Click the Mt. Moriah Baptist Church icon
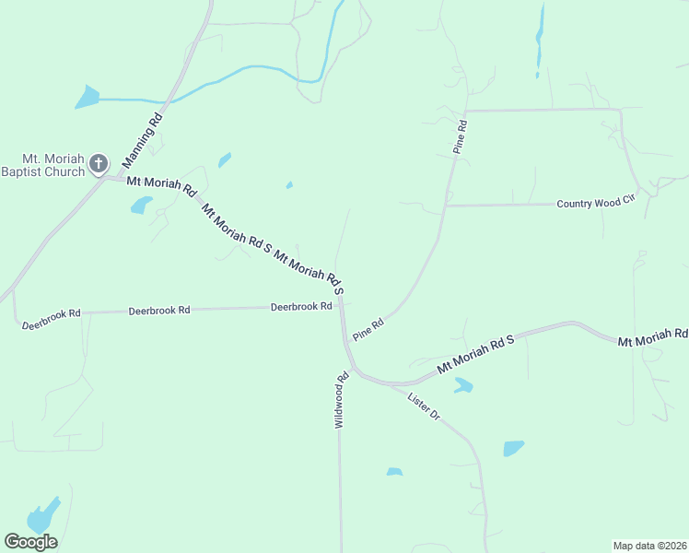click(x=99, y=165)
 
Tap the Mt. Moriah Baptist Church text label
click(x=43, y=165)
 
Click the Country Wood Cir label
click(x=597, y=203)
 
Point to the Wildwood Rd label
click(x=341, y=399)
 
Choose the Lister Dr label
click(x=424, y=406)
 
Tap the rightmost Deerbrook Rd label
click(x=301, y=307)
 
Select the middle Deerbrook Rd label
click(x=159, y=311)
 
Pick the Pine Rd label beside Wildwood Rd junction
click(x=368, y=328)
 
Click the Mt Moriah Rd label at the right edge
click(x=653, y=338)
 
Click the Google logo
click(x=30, y=542)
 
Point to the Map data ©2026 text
click(x=649, y=545)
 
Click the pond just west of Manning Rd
click(x=87, y=96)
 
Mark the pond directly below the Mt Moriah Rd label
click(x=141, y=205)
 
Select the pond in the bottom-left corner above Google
click(x=42, y=516)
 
